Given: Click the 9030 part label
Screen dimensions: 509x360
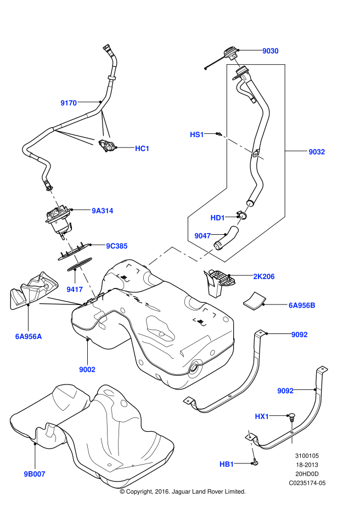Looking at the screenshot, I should click(x=270, y=51).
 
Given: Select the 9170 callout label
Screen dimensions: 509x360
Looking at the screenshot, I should click(x=69, y=103).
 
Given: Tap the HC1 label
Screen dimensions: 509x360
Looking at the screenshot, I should click(x=142, y=149).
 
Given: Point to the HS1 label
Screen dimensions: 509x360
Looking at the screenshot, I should click(x=196, y=134).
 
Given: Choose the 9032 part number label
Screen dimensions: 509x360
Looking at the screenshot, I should click(x=317, y=152).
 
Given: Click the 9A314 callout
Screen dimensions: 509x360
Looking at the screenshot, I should click(x=103, y=210).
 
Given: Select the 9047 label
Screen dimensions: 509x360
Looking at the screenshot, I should click(x=203, y=236).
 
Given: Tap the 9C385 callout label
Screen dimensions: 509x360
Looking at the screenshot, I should click(x=117, y=246).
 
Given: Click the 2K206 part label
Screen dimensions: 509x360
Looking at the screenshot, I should click(x=263, y=277).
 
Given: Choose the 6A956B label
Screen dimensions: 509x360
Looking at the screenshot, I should click(x=302, y=305).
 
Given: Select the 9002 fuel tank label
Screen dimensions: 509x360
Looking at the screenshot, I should click(x=87, y=370).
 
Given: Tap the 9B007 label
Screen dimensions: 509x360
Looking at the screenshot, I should click(x=34, y=473).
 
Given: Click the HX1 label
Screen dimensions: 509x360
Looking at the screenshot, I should click(x=262, y=417).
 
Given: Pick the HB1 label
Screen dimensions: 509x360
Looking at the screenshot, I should click(x=227, y=465).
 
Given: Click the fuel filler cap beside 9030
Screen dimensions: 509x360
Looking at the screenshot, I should click(x=230, y=54).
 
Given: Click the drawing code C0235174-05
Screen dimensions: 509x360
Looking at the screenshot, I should click(x=307, y=483).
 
